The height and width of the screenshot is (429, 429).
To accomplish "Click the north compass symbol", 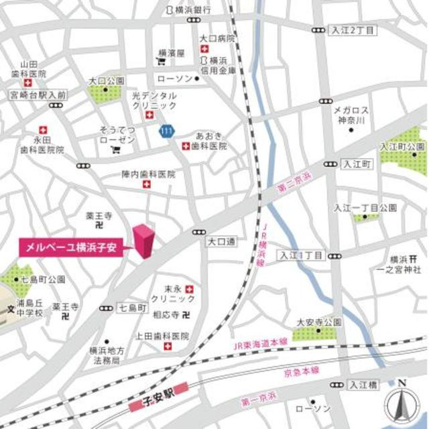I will [402, 404].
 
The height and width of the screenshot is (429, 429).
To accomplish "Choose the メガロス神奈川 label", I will [352, 116].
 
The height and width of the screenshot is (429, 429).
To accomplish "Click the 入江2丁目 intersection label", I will [353, 31].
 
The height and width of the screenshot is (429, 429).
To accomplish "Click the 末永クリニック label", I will [173, 293].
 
